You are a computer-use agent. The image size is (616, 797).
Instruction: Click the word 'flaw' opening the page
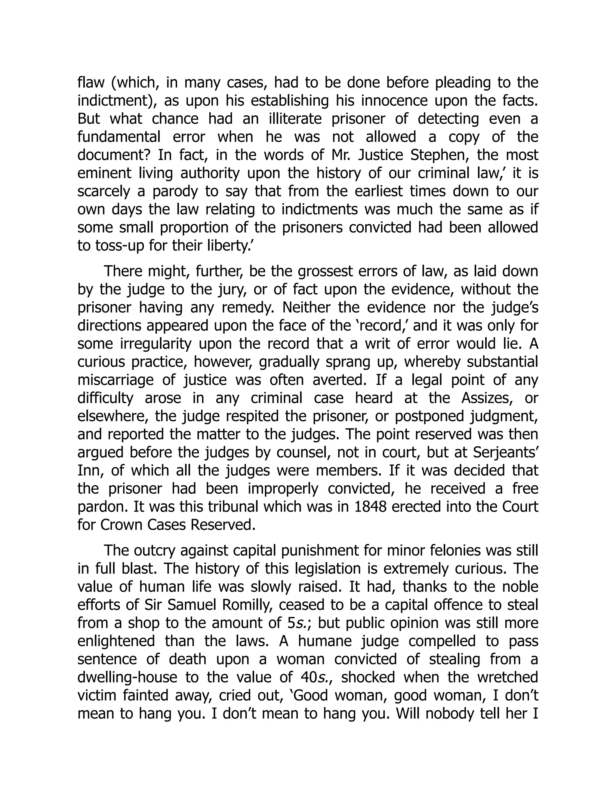91,83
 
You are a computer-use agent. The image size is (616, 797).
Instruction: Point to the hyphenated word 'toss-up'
119,246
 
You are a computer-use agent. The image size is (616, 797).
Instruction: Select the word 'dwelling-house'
127,678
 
